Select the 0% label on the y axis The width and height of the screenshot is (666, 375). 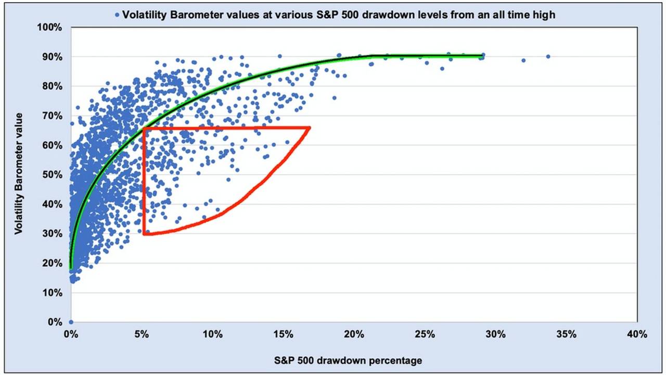(x=55, y=322)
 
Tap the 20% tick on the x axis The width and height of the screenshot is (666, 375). (x=354, y=334)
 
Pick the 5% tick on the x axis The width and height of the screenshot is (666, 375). (x=142, y=334)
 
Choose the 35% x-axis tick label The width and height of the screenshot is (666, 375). (x=566, y=334)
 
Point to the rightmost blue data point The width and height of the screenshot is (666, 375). (x=548, y=56)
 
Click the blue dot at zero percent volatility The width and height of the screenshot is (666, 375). (x=71, y=322)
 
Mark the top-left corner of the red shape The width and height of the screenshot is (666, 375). (x=143, y=128)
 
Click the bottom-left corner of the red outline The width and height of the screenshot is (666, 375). (x=144, y=234)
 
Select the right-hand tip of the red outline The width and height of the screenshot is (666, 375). (x=310, y=128)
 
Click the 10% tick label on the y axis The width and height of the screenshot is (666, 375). (x=53, y=293)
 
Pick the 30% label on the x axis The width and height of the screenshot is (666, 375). (x=495, y=334)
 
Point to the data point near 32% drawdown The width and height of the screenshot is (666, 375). (x=523, y=60)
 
